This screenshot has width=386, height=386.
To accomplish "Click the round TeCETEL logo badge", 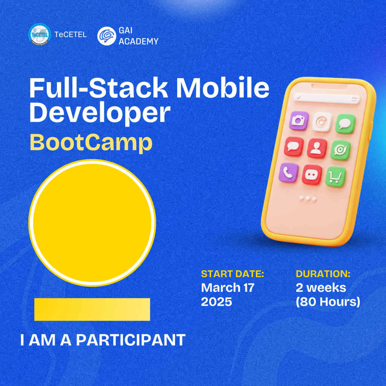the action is click(x=40, y=35).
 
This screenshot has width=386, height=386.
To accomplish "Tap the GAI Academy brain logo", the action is click(x=107, y=36).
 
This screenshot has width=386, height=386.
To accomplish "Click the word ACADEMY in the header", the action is click(x=138, y=41).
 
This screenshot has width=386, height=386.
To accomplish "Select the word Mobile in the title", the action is click(x=223, y=87).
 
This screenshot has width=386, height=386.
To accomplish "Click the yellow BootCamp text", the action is click(x=91, y=142).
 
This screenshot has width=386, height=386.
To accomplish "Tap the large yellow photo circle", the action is click(x=92, y=223).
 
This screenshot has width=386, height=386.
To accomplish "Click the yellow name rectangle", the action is click(x=92, y=309).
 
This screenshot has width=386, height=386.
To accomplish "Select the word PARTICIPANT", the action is click(x=131, y=340).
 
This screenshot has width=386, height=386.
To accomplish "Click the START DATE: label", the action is click(x=232, y=274).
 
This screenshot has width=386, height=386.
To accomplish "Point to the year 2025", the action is click(x=216, y=302).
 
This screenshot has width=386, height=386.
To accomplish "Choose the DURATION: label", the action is click(x=323, y=274).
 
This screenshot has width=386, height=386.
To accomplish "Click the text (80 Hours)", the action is click(x=328, y=302).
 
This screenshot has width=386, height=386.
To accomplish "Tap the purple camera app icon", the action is click(x=299, y=120).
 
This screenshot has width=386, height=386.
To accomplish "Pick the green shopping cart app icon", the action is click(x=335, y=177).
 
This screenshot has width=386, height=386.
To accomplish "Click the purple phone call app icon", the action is click(x=288, y=172).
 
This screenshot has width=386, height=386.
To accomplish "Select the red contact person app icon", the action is click(x=317, y=148).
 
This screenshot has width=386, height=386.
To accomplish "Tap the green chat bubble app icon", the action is click(x=345, y=124).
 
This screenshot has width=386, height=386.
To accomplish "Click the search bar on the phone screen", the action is click(x=327, y=98).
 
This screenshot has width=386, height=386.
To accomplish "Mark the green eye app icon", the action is click(x=340, y=150).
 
